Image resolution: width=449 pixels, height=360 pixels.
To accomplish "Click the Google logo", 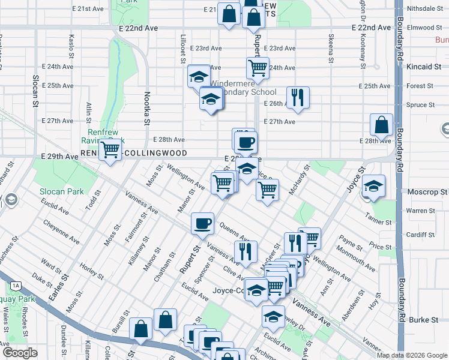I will coord(20,353).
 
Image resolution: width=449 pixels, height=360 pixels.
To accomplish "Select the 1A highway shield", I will coord(15,286).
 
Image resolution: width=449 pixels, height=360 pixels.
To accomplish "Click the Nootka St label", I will coord(146,108).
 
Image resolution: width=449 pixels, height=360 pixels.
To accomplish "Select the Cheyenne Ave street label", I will coord(61,232).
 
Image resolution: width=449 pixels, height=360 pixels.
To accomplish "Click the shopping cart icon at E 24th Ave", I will coord(258,68).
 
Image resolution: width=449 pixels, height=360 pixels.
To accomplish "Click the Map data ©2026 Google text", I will coord(412,355).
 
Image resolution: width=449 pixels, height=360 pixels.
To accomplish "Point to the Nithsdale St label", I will coord(424,9).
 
